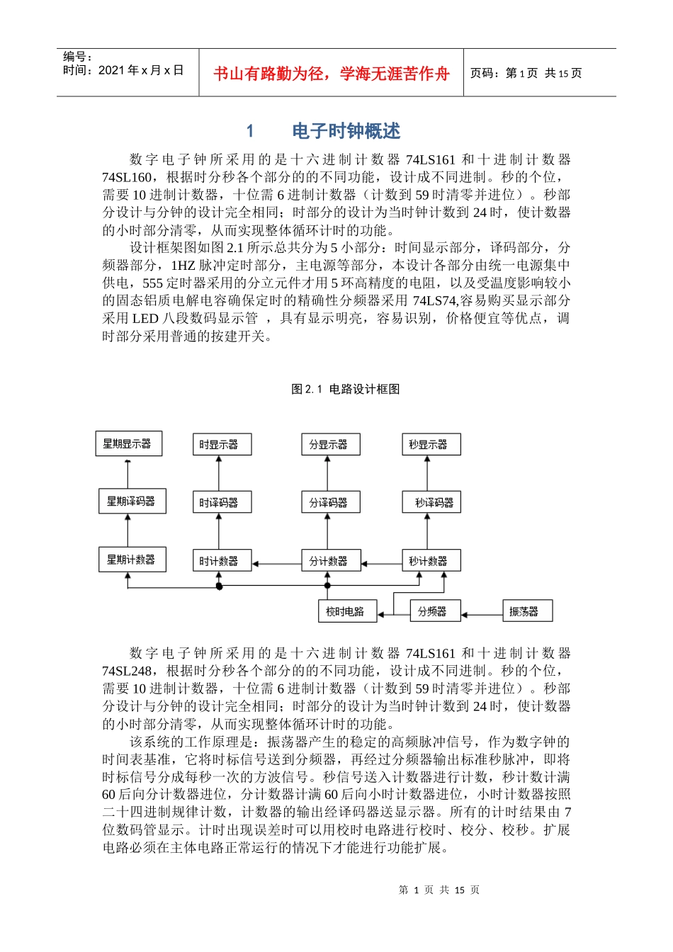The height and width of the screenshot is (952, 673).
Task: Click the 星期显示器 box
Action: (x=128, y=444)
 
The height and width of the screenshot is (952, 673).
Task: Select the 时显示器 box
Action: (x=222, y=445)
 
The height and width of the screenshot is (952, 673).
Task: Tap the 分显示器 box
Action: (x=330, y=445)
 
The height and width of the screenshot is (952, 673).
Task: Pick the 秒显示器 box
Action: (x=431, y=445)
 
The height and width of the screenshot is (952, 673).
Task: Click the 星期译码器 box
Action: (x=132, y=501)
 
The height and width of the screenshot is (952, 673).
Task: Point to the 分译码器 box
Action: (x=330, y=502)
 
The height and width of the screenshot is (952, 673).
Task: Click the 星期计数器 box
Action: (x=132, y=560)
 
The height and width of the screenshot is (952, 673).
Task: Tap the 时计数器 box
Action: (x=222, y=561)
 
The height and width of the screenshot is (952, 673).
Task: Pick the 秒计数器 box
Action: (x=431, y=561)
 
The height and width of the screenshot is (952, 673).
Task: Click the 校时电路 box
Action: (x=347, y=611)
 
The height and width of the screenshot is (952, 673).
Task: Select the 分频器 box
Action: (x=435, y=611)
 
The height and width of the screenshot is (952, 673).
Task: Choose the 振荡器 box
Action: (x=527, y=611)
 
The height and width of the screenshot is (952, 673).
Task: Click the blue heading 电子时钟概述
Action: (x=346, y=131)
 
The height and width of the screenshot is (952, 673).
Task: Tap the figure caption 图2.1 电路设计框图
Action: (x=346, y=389)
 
